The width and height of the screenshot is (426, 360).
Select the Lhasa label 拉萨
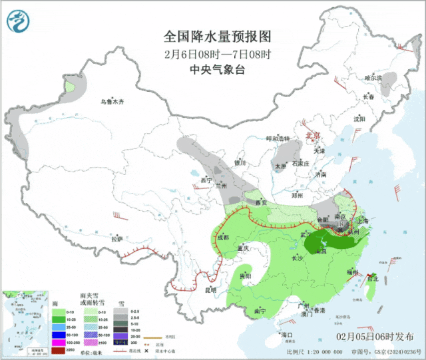[117, 238]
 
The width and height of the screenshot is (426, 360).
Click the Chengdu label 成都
[222, 238]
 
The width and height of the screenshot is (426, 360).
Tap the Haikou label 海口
[288, 334]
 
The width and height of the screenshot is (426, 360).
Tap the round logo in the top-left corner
[19, 23]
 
